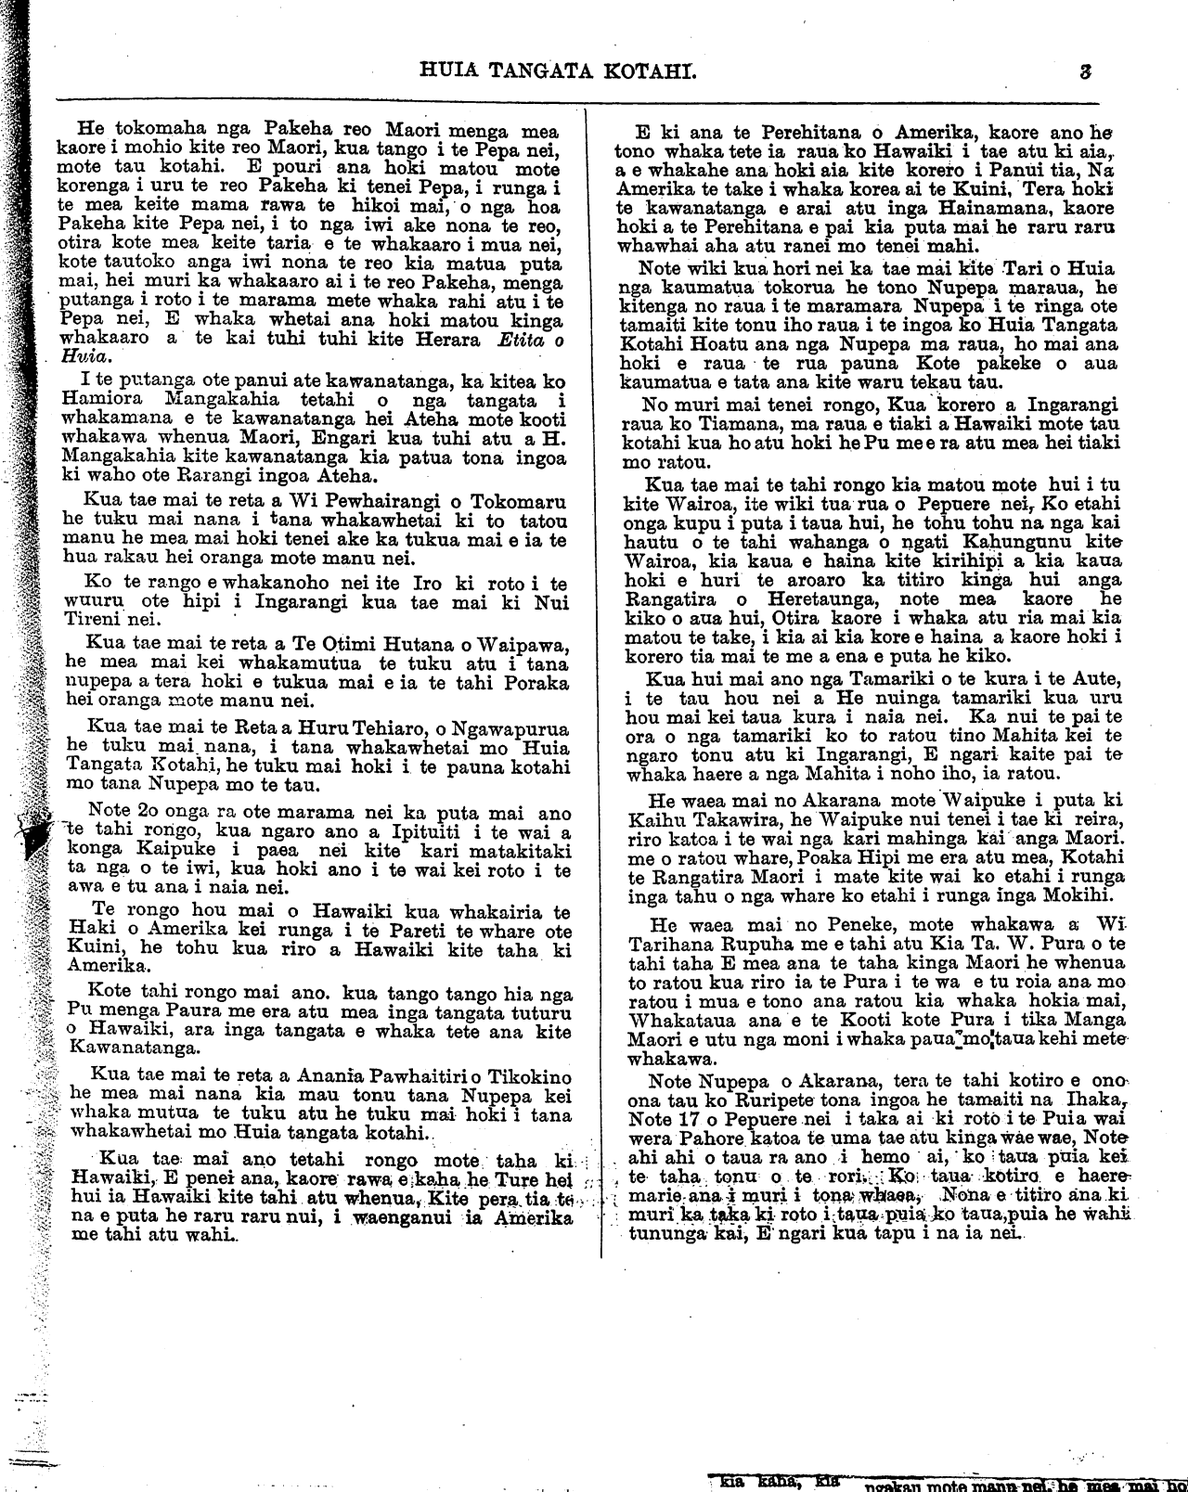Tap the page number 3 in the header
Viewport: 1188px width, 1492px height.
click(1084, 69)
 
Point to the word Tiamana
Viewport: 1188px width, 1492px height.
click(724, 422)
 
